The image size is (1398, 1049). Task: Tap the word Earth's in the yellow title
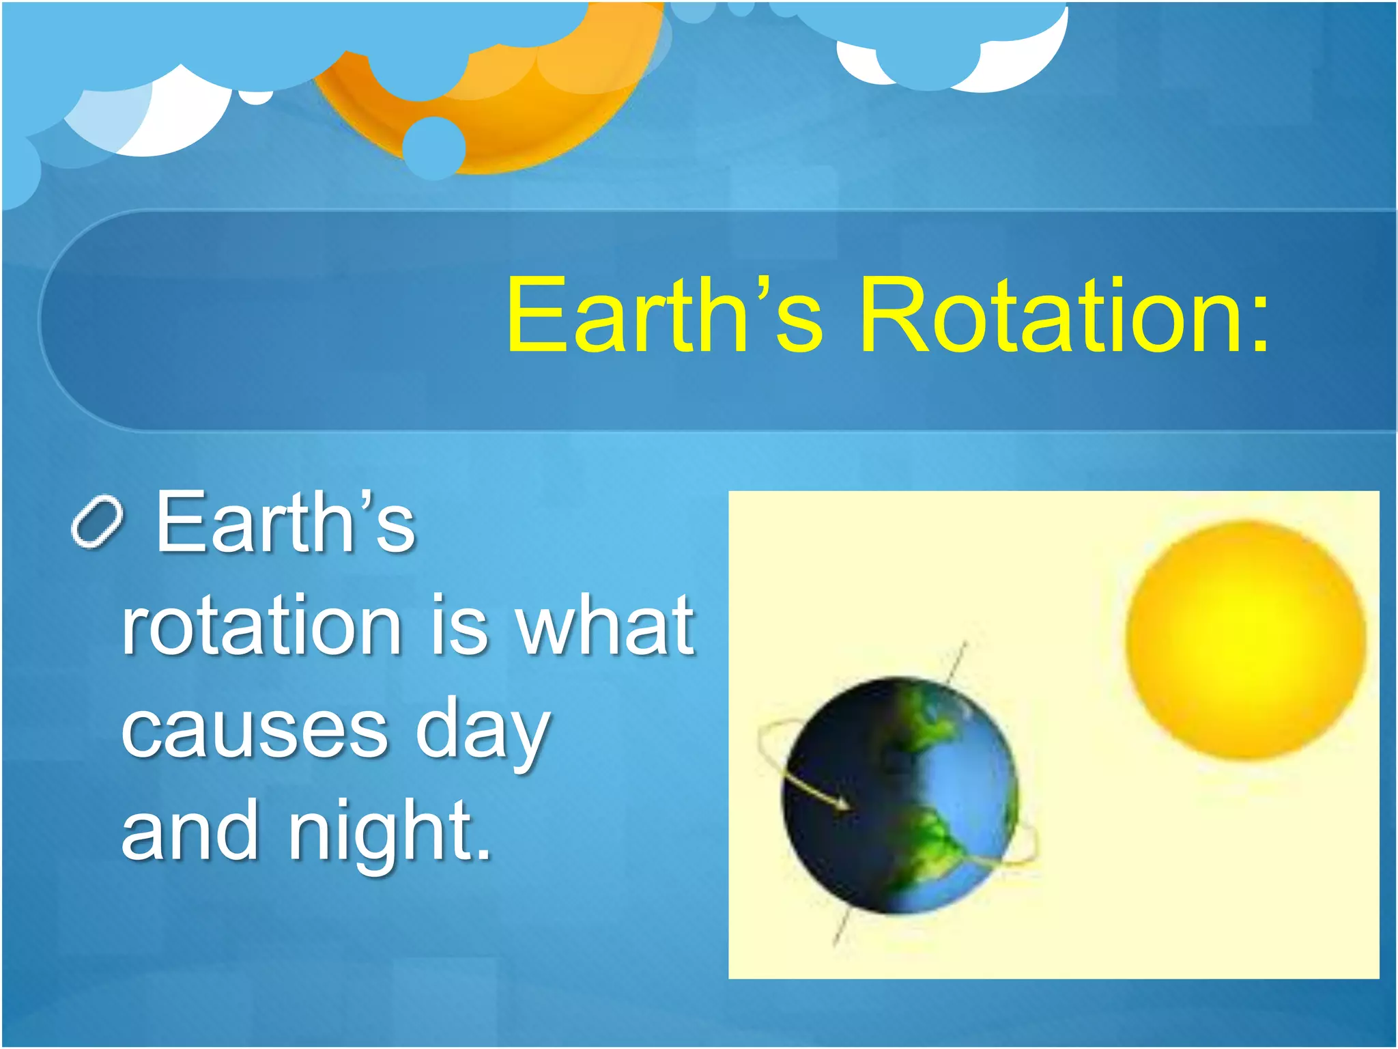pyautogui.click(x=664, y=316)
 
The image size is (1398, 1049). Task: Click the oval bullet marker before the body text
pyautogui.click(x=97, y=522)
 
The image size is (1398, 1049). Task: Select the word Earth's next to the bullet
pyautogui.click(x=285, y=522)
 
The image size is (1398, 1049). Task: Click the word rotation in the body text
pyautogui.click(x=261, y=625)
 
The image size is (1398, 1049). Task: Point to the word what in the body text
pyautogui.click(x=604, y=625)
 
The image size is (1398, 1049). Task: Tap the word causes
pyautogui.click(x=255, y=729)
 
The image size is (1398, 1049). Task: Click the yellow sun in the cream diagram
pyautogui.click(x=1245, y=639)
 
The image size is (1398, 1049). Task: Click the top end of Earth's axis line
pyautogui.click(x=965, y=644)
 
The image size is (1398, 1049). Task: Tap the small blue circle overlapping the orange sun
pyautogui.click(x=433, y=147)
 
